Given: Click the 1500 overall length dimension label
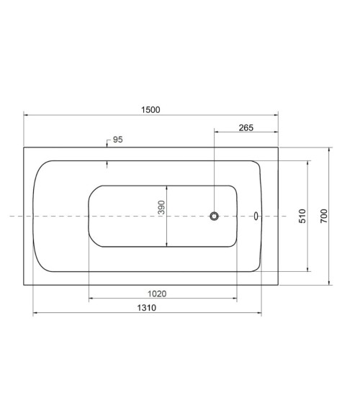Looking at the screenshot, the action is (150, 110).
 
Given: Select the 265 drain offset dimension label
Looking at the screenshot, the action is (246, 127).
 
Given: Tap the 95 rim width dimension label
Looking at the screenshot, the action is (118, 140).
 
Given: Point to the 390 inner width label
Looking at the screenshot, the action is (161, 207).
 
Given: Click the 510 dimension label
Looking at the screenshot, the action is (302, 216).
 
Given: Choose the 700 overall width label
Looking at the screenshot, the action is (324, 216).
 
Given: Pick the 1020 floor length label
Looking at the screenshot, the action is (157, 293).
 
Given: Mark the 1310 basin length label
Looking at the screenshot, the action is (147, 308).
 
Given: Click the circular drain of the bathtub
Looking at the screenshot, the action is (214, 216).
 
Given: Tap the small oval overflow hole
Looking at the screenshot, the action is (256, 216).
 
